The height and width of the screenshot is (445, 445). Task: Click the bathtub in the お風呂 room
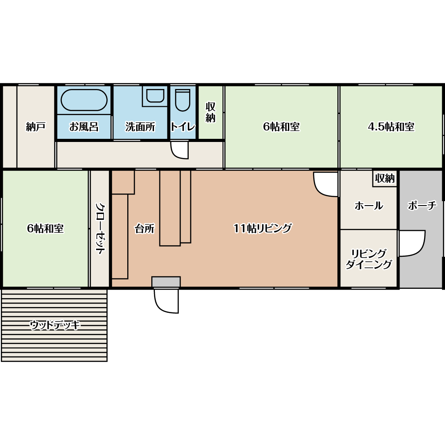[84, 100]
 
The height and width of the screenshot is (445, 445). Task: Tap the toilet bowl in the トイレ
[182, 100]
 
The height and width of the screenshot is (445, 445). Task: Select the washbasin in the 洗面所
[155, 96]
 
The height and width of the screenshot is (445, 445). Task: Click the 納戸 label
[36, 126]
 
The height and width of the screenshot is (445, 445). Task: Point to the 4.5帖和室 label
[391, 126]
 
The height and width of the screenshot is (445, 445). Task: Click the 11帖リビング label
[263, 228]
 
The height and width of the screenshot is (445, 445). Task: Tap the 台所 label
[145, 228]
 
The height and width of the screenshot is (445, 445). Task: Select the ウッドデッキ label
[55, 325]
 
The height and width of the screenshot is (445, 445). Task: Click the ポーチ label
[422, 205]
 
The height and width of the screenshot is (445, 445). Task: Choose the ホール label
[368, 206]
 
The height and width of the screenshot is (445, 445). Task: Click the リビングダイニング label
[368, 259]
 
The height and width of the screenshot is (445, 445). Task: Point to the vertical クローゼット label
[100, 228]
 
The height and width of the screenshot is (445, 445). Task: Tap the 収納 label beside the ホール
[385, 178]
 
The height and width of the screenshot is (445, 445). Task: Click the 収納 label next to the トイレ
[210, 112]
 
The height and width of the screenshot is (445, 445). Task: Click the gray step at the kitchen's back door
[166, 282]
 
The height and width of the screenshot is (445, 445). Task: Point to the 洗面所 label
[141, 126]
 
